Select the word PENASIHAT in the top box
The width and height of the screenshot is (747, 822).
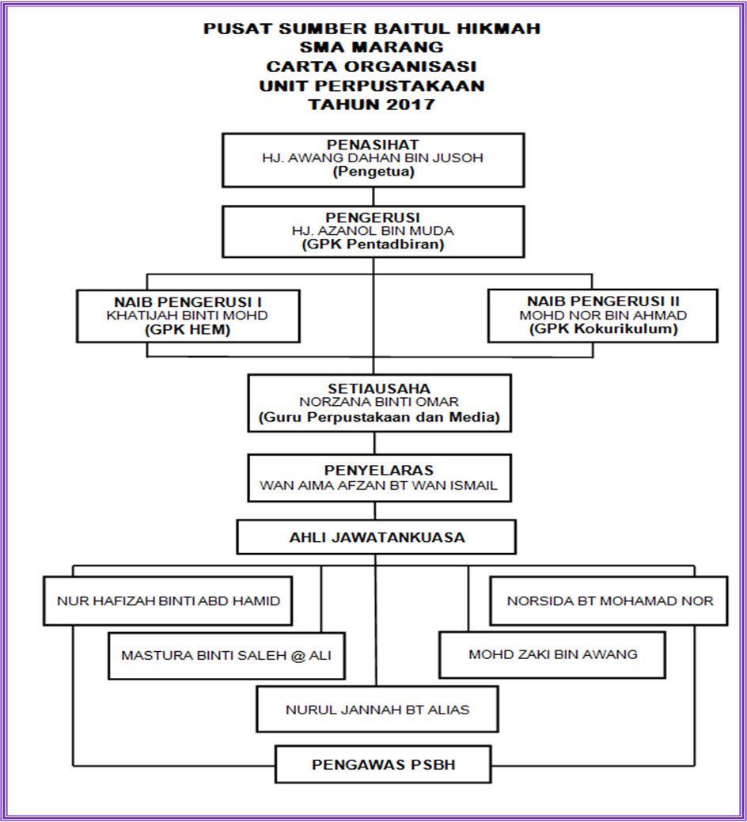372,144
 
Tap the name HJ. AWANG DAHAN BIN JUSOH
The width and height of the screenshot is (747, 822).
372,157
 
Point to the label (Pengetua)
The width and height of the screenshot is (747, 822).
372,171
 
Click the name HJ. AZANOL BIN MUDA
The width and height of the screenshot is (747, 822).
372,231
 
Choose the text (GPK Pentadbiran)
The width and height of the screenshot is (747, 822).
372,244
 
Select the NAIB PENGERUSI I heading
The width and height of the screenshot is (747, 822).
188,301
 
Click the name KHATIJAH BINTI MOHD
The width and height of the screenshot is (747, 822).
188,315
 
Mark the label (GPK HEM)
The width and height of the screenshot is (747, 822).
188,329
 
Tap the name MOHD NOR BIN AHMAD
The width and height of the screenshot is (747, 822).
602,315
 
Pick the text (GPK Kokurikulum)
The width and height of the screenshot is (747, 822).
602,329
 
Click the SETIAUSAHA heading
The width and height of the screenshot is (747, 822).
379,388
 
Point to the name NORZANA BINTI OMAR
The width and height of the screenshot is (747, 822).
379,402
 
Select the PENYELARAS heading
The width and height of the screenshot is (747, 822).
378,470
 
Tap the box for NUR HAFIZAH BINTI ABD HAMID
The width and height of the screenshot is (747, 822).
169,601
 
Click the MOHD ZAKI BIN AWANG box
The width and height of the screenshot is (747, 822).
552,655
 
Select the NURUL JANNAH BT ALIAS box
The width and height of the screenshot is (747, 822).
377,710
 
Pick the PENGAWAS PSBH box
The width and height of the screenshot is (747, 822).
383,765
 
